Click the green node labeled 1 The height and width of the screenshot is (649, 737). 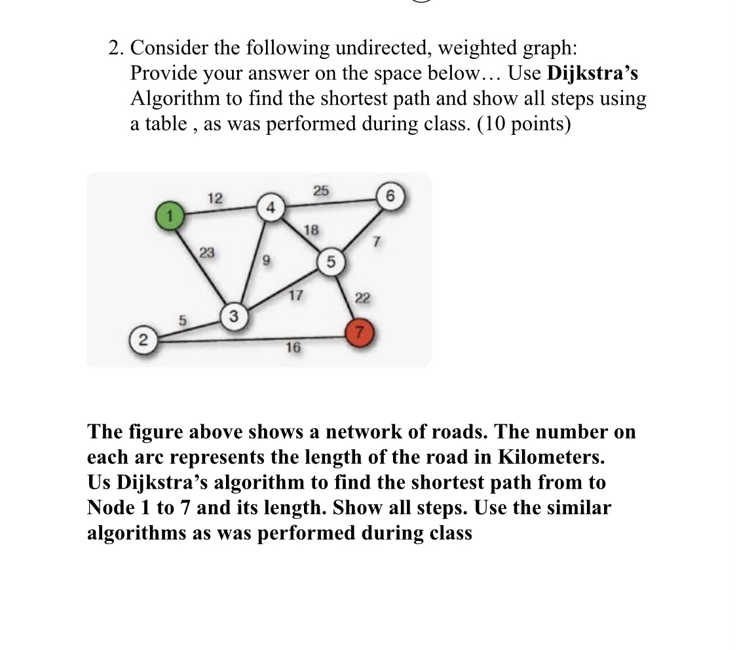pos(167,215)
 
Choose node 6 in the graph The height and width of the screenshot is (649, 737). pos(390,196)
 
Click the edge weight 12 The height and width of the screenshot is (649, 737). pos(214,198)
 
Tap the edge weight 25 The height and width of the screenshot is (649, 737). pos(320,191)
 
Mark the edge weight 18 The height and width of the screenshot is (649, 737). pos(312,229)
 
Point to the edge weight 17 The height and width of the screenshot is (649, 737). pos(295,295)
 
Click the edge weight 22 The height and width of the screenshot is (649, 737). pos(363,299)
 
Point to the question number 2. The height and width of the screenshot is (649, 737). pos(115,48)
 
